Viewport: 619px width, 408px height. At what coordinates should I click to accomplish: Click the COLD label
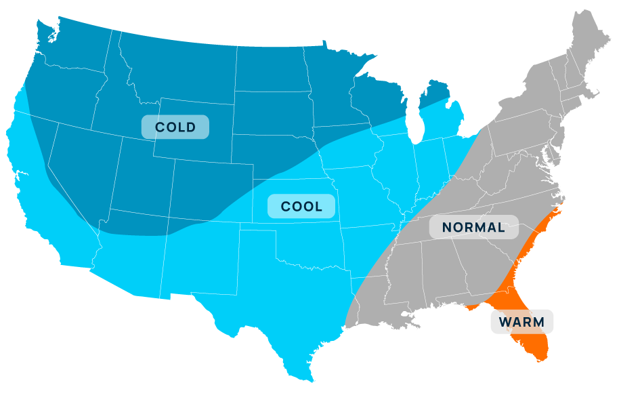pos(175,127)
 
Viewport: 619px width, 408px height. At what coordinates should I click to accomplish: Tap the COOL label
pos(301,207)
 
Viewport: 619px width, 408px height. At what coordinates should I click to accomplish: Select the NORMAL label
pos(473,227)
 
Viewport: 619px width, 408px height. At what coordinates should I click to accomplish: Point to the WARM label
pos(521,321)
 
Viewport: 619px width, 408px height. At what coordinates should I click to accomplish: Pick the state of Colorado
pos(210,190)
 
